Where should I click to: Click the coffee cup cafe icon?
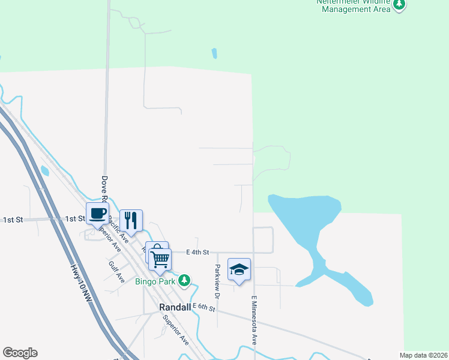pyautogui.click(x=97, y=212)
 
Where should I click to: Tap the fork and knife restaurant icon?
pyautogui.click(x=131, y=220)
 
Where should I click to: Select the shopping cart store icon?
pyautogui.click(x=160, y=259)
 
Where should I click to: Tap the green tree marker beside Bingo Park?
pyautogui.click(x=186, y=280)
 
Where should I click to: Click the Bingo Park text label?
pyautogui.click(x=154, y=281)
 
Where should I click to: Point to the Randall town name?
pyautogui.click(x=175, y=307)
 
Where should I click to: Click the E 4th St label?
pyautogui.click(x=197, y=253)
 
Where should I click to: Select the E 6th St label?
pyautogui.click(x=203, y=307)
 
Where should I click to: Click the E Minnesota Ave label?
pyautogui.click(x=255, y=320)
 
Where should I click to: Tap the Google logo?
pyautogui.click(x=20, y=353)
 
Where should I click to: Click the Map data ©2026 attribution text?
pyautogui.click(x=423, y=355)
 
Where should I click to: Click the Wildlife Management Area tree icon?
pyautogui.click(x=399, y=5)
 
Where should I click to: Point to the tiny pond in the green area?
pyautogui.click(x=214, y=53)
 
